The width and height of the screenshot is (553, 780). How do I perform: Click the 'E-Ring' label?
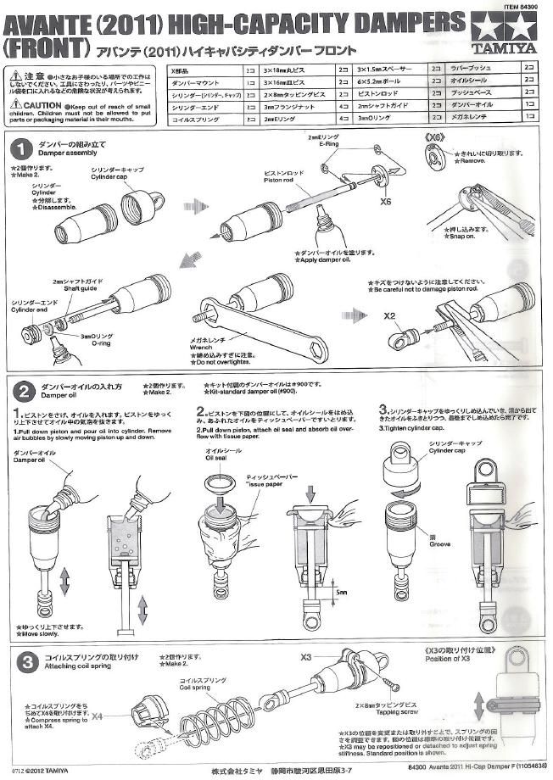click(330, 145)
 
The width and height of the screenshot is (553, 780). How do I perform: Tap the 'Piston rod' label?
click(279, 179)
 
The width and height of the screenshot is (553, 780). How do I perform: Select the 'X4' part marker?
click(99, 716)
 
